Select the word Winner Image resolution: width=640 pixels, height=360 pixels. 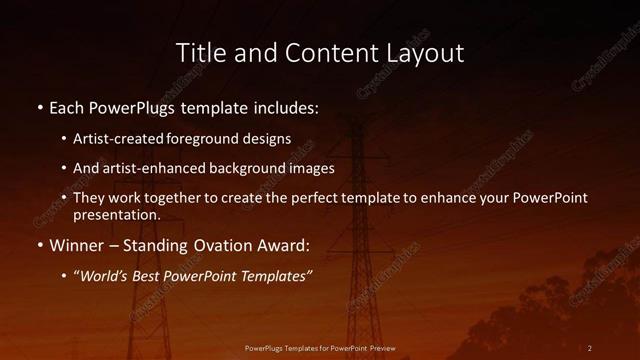[x=78, y=245]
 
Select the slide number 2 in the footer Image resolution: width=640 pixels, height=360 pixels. [x=590, y=348]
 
